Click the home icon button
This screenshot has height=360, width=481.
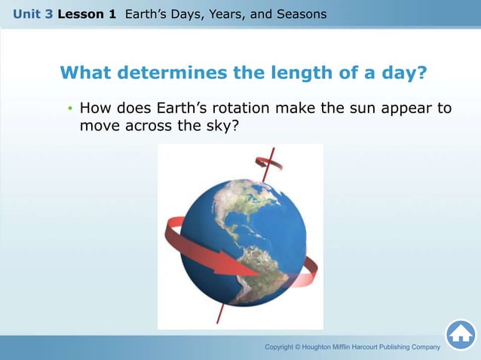tap(461, 334)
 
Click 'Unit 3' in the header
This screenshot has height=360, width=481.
tap(32, 14)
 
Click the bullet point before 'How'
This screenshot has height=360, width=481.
tap(69, 109)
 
